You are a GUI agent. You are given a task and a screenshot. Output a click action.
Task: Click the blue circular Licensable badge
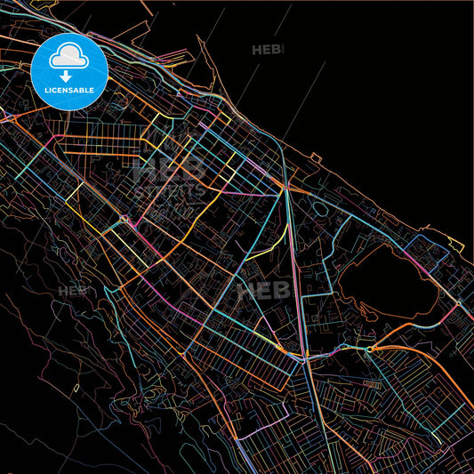coord(69,71)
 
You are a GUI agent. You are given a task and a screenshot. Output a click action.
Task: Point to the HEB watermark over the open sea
coord(267,50)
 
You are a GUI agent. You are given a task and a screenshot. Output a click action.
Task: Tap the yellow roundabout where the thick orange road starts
coord(368,349)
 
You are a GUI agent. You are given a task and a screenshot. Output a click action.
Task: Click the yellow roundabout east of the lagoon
coord(458,303)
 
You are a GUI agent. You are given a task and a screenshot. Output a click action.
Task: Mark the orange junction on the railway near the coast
coord(286,189)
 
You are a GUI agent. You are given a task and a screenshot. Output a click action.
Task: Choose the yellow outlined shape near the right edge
coord(453,245)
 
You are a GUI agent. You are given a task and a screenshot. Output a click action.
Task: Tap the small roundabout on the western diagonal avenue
coord(124,218)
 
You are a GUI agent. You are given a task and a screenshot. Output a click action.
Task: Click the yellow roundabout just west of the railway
coord(278,348)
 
